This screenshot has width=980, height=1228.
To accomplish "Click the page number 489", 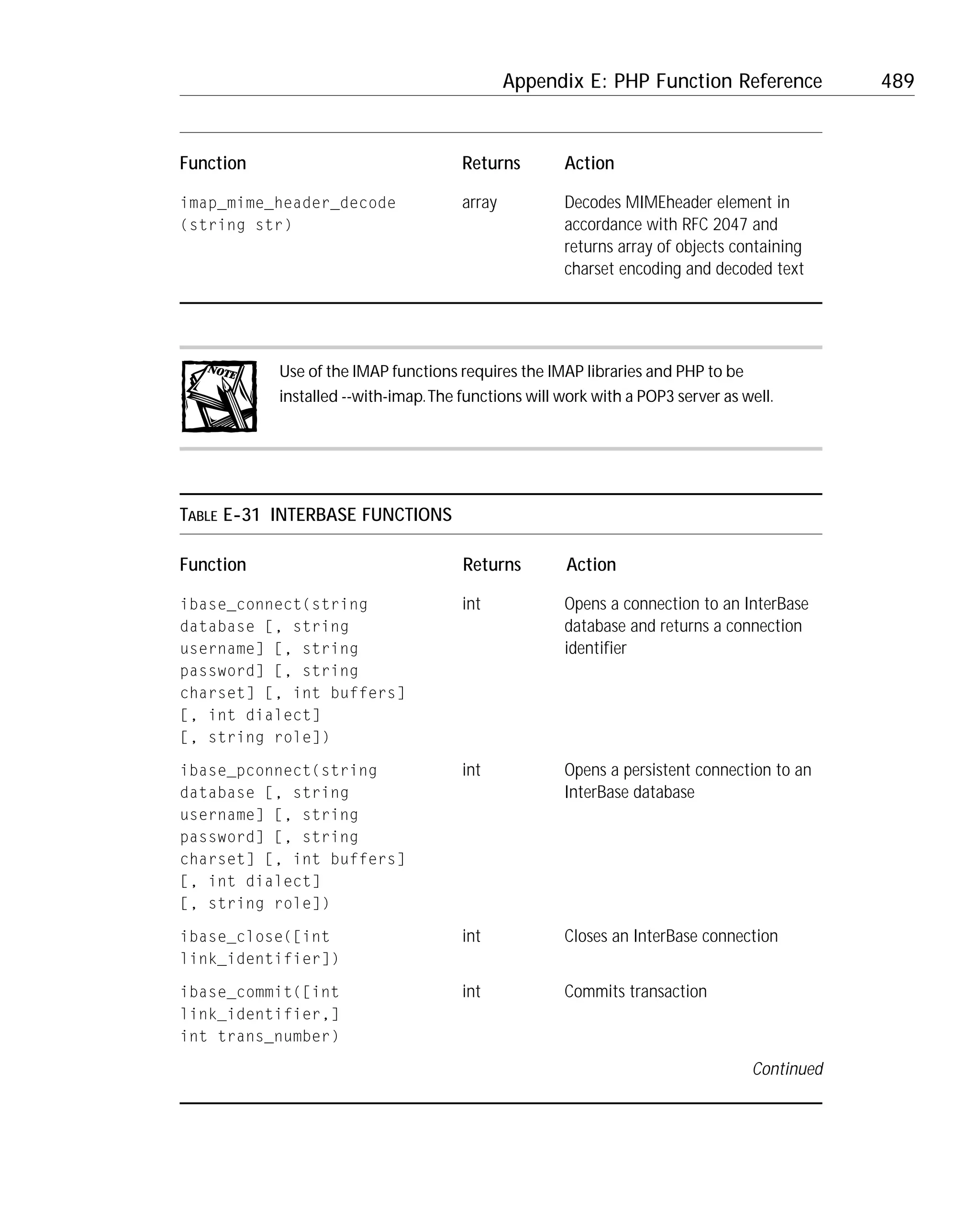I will click(897, 81).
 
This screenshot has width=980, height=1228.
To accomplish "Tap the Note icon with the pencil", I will click(219, 397).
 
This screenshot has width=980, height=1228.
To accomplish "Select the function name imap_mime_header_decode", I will click(288, 203).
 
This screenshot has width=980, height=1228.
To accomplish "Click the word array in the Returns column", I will click(479, 203).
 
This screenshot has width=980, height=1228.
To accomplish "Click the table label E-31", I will click(241, 515).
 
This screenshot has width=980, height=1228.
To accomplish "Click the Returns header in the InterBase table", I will click(491, 564).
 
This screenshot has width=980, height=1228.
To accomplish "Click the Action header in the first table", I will click(589, 164).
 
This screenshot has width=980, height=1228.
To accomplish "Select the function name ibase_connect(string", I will click(274, 604).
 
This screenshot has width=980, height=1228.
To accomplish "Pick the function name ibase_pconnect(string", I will click(278, 771).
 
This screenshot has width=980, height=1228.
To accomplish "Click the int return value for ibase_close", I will click(471, 936).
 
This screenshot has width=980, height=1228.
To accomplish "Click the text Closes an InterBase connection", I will click(670, 936).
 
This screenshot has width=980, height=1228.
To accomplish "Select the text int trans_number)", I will click(259, 1036).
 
